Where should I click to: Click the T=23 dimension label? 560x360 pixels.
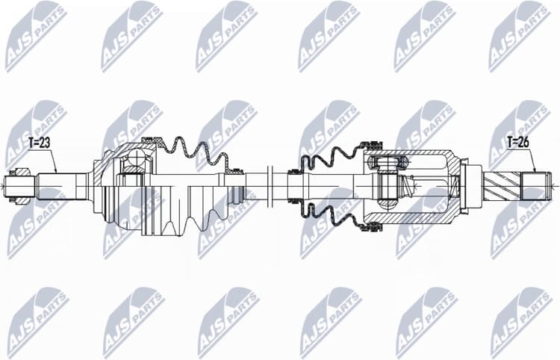point(40,142)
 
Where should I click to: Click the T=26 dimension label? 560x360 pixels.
point(519,141)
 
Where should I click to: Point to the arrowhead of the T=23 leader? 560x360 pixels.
point(57,173)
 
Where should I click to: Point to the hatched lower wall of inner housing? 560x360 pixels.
point(418,216)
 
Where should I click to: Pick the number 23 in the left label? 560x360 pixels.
point(47,142)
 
